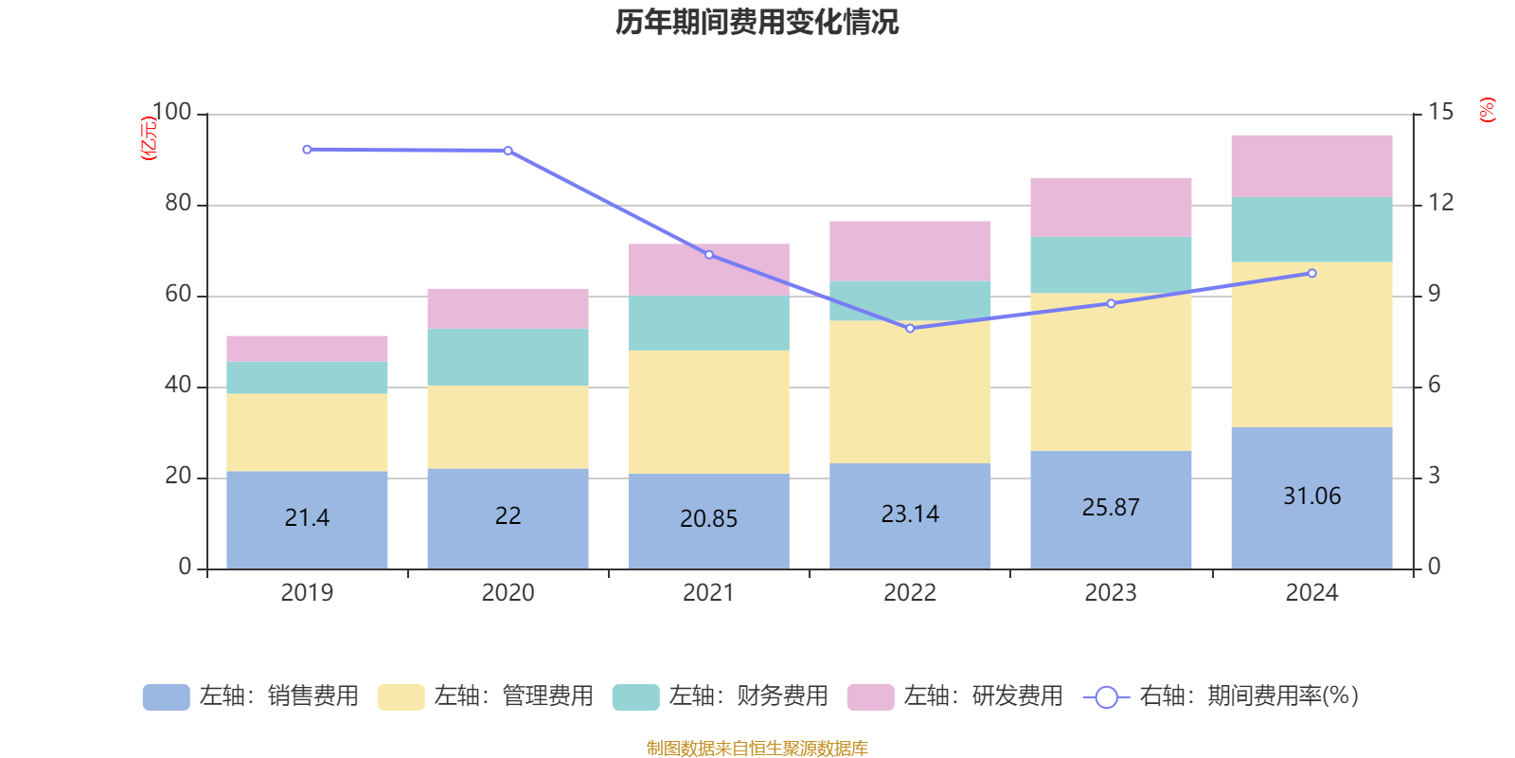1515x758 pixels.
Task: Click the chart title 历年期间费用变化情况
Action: click(x=757, y=22)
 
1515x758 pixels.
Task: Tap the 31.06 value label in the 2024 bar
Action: click(x=1311, y=496)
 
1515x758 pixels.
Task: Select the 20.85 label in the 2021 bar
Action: click(x=708, y=518)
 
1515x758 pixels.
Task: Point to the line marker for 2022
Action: click(x=910, y=328)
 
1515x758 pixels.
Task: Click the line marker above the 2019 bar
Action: click(x=307, y=150)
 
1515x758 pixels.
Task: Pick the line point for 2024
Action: click(x=1311, y=273)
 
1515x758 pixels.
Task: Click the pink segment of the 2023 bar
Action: click(x=1111, y=207)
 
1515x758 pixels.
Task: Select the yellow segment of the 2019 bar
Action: click(x=307, y=432)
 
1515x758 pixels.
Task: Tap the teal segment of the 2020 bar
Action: click(x=508, y=357)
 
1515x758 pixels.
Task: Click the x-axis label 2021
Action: click(x=708, y=593)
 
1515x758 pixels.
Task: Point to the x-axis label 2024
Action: click(x=1311, y=593)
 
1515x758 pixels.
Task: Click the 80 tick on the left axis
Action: click(x=178, y=204)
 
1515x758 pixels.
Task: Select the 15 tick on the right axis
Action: click(x=1441, y=113)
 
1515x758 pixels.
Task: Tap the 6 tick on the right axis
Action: click(x=1435, y=385)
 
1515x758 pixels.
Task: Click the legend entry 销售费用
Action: click(x=251, y=696)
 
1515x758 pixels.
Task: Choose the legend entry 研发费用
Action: click(x=955, y=696)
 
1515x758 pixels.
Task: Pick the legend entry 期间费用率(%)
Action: click(x=1221, y=696)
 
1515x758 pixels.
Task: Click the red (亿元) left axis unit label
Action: click(x=149, y=138)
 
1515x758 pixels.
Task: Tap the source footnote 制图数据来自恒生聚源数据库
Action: click(x=757, y=749)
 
